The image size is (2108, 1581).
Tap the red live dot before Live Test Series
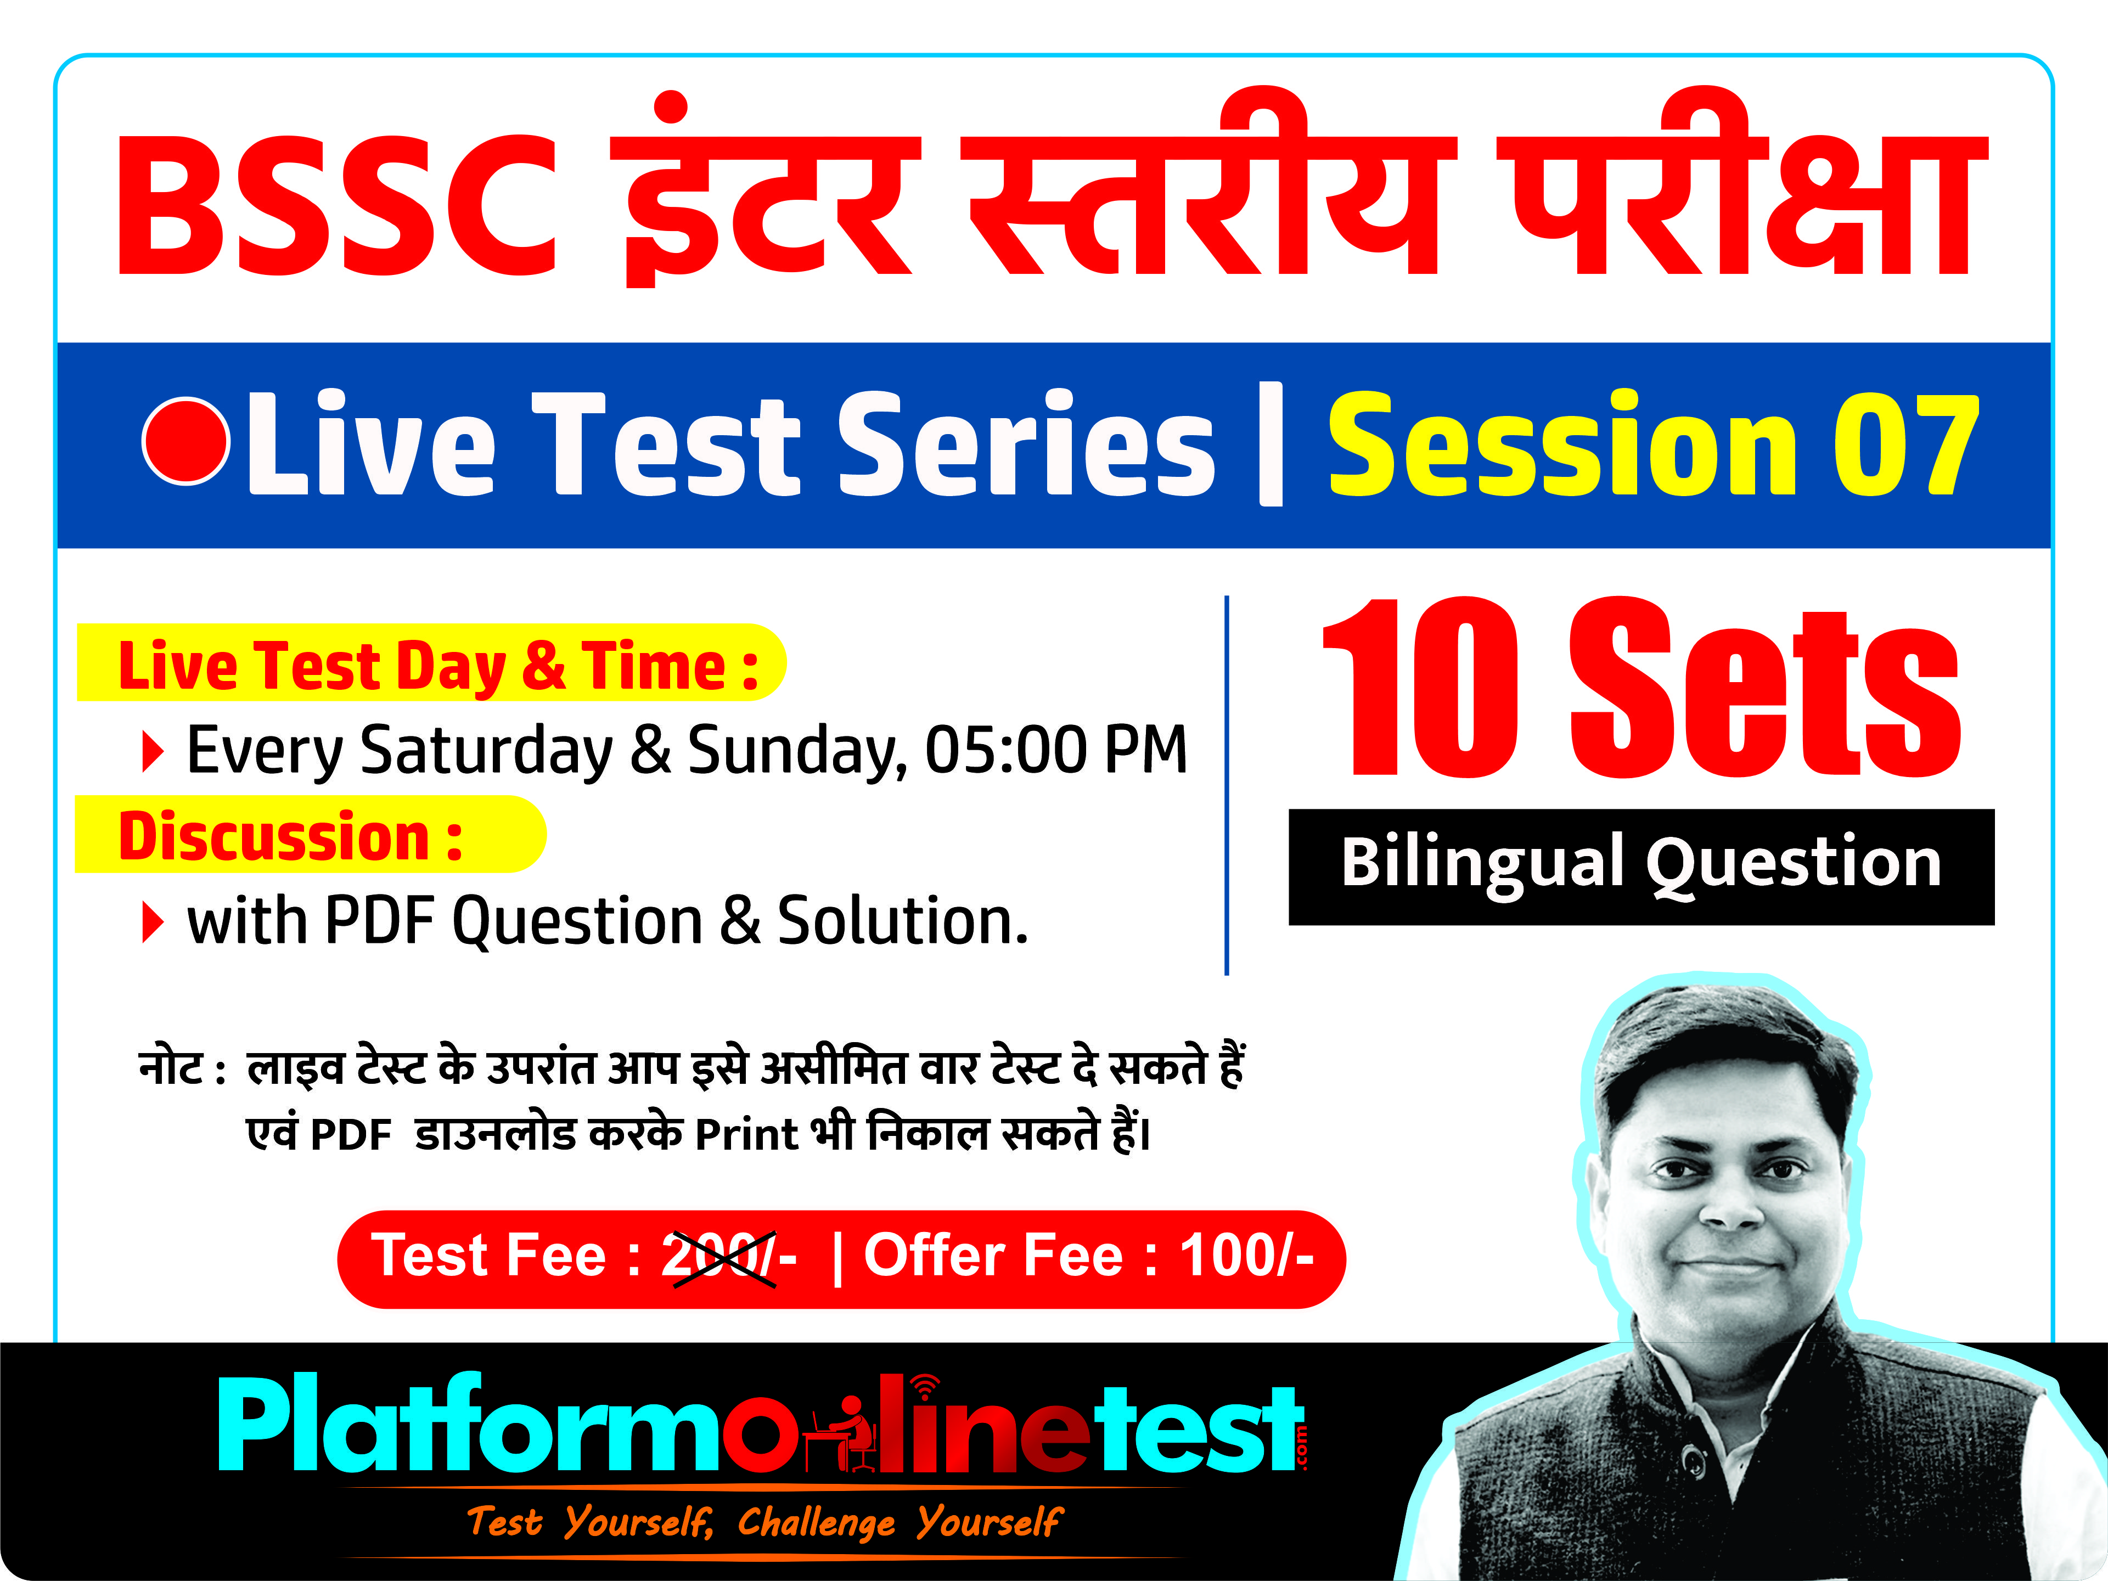click(186, 440)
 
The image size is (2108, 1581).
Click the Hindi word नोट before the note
click(172, 1067)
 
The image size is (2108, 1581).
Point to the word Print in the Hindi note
click(746, 1135)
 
